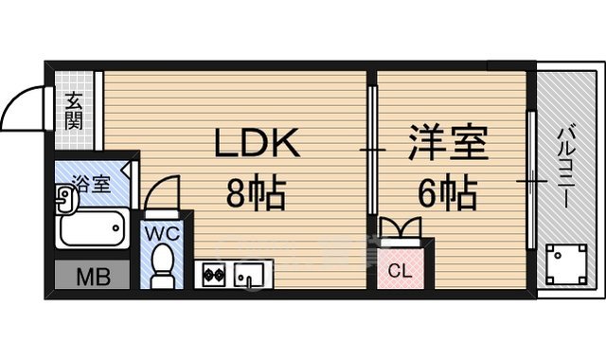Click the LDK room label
(258, 145)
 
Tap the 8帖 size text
(255, 196)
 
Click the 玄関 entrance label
(74, 110)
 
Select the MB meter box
(91, 277)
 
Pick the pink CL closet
(401, 266)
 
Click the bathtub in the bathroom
(90, 228)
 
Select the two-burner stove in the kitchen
(212, 275)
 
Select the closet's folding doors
(401, 229)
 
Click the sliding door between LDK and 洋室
(372, 152)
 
